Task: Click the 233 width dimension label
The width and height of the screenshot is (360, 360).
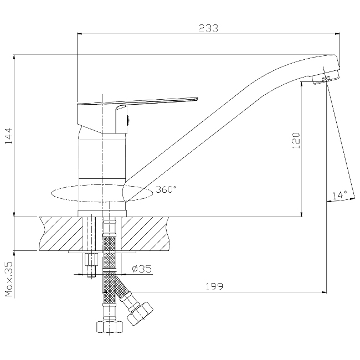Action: [208, 28]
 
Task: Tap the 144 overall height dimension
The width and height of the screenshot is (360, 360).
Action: [9, 136]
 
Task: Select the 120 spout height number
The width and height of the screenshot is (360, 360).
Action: [296, 140]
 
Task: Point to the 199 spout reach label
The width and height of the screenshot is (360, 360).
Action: [214, 286]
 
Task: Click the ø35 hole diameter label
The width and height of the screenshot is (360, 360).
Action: [142, 269]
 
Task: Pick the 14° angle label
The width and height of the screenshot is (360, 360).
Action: [340, 195]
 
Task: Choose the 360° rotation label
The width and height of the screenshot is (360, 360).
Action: [166, 189]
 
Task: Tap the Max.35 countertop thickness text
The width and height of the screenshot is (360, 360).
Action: [9, 279]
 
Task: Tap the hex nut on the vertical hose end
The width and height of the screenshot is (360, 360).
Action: [110, 327]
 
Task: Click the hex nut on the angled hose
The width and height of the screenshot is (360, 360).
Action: [140, 313]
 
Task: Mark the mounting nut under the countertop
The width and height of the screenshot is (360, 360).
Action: [91, 259]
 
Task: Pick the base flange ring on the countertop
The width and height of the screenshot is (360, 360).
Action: [102, 213]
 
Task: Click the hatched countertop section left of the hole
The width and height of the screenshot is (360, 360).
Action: [61, 234]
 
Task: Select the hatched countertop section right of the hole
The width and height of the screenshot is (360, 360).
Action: [145, 234]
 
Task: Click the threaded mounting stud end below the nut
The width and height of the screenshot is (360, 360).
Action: [91, 271]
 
